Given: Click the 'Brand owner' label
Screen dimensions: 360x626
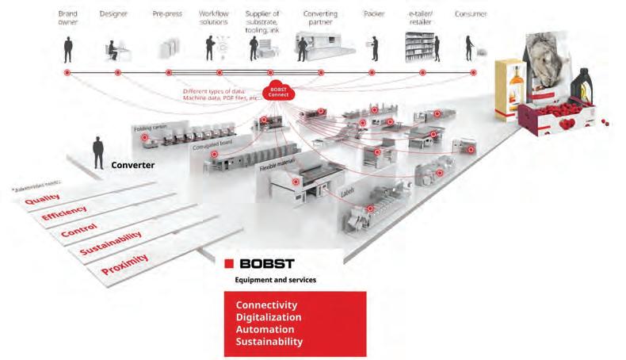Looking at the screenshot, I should click(x=67, y=17).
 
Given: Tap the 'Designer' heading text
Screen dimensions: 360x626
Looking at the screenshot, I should click(x=113, y=13).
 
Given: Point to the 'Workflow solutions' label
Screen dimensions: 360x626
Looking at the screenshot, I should click(x=214, y=17).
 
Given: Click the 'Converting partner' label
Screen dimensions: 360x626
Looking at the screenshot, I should click(x=320, y=17).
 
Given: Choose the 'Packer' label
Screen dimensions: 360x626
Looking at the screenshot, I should click(x=373, y=13).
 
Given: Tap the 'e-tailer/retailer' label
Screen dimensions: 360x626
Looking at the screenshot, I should click(x=420, y=17).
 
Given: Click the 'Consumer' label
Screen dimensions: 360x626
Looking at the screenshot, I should click(x=471, y=13).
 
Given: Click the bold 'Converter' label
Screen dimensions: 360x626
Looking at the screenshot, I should click(x=132, y=165).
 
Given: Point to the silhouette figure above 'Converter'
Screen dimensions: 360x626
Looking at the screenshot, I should click(x=98, y=152).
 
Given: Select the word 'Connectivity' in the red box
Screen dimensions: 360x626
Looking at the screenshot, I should click(x=266, y=304).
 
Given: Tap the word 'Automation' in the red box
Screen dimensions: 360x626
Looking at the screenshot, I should click(x=265, y=329).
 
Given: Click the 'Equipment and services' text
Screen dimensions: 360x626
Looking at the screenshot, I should click(x=270, y=280).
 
